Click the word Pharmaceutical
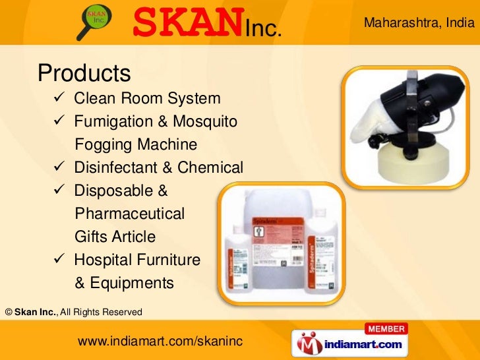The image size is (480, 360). pyautogui.click(x=130, y=214)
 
